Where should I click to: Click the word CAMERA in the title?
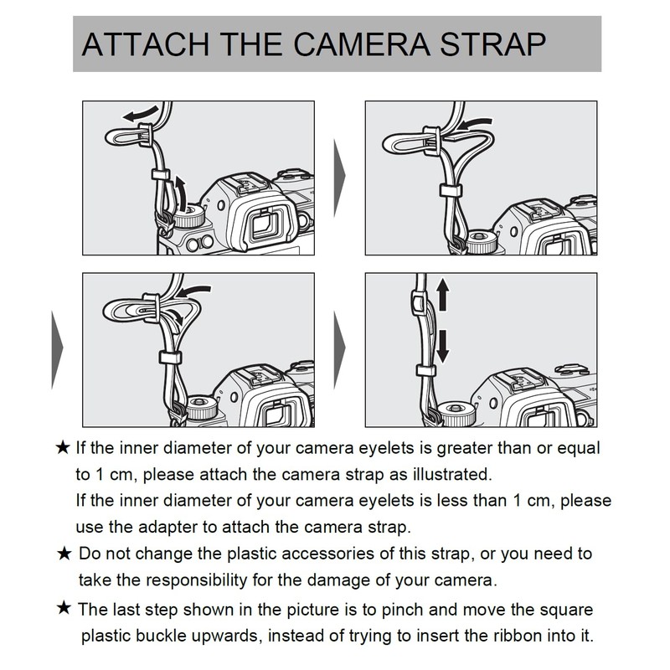(x=362, y=44)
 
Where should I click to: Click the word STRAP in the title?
(x=492, y=44)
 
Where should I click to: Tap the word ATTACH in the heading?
(x=146, y=44)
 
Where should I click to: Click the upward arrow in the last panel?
(x=443, y=295)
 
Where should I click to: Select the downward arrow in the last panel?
(x=443, y=346)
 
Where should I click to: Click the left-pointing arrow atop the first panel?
(x=141, y=114)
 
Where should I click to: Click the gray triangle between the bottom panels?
(x=339, y=349)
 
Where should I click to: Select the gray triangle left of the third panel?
(x=57, y=349)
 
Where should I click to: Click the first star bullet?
(x=63, y=448)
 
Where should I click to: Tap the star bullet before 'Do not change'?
(x=64, y=554)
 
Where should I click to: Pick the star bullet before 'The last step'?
(x=64, y=608)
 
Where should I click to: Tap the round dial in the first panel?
(x=189, y=216)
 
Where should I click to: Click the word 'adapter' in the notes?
(x=167, y=528)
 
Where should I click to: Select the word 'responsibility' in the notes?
(x=198, y=580)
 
